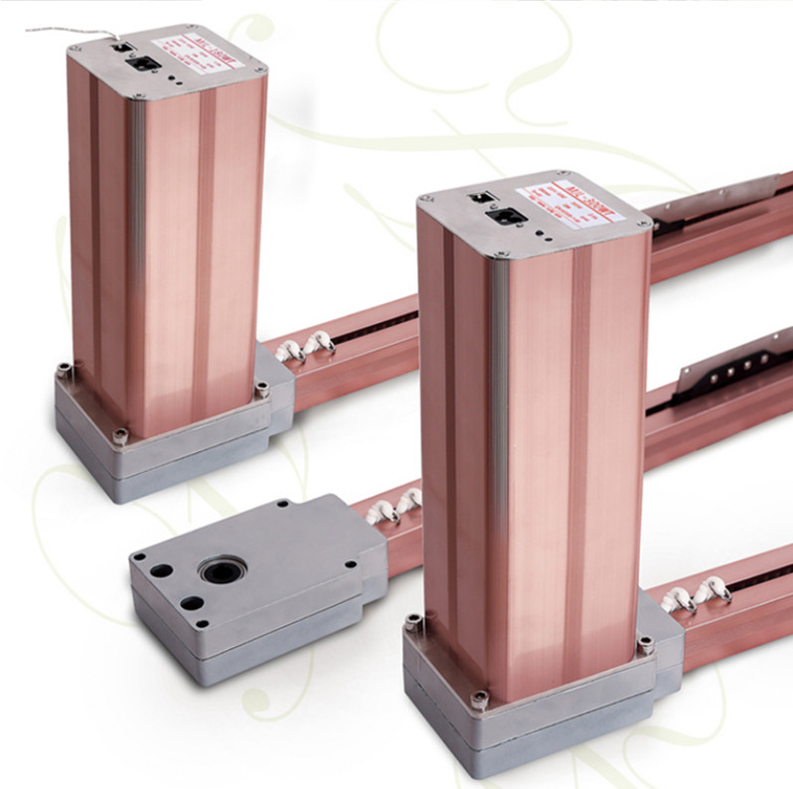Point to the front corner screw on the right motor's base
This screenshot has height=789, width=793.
pos(480,699)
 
